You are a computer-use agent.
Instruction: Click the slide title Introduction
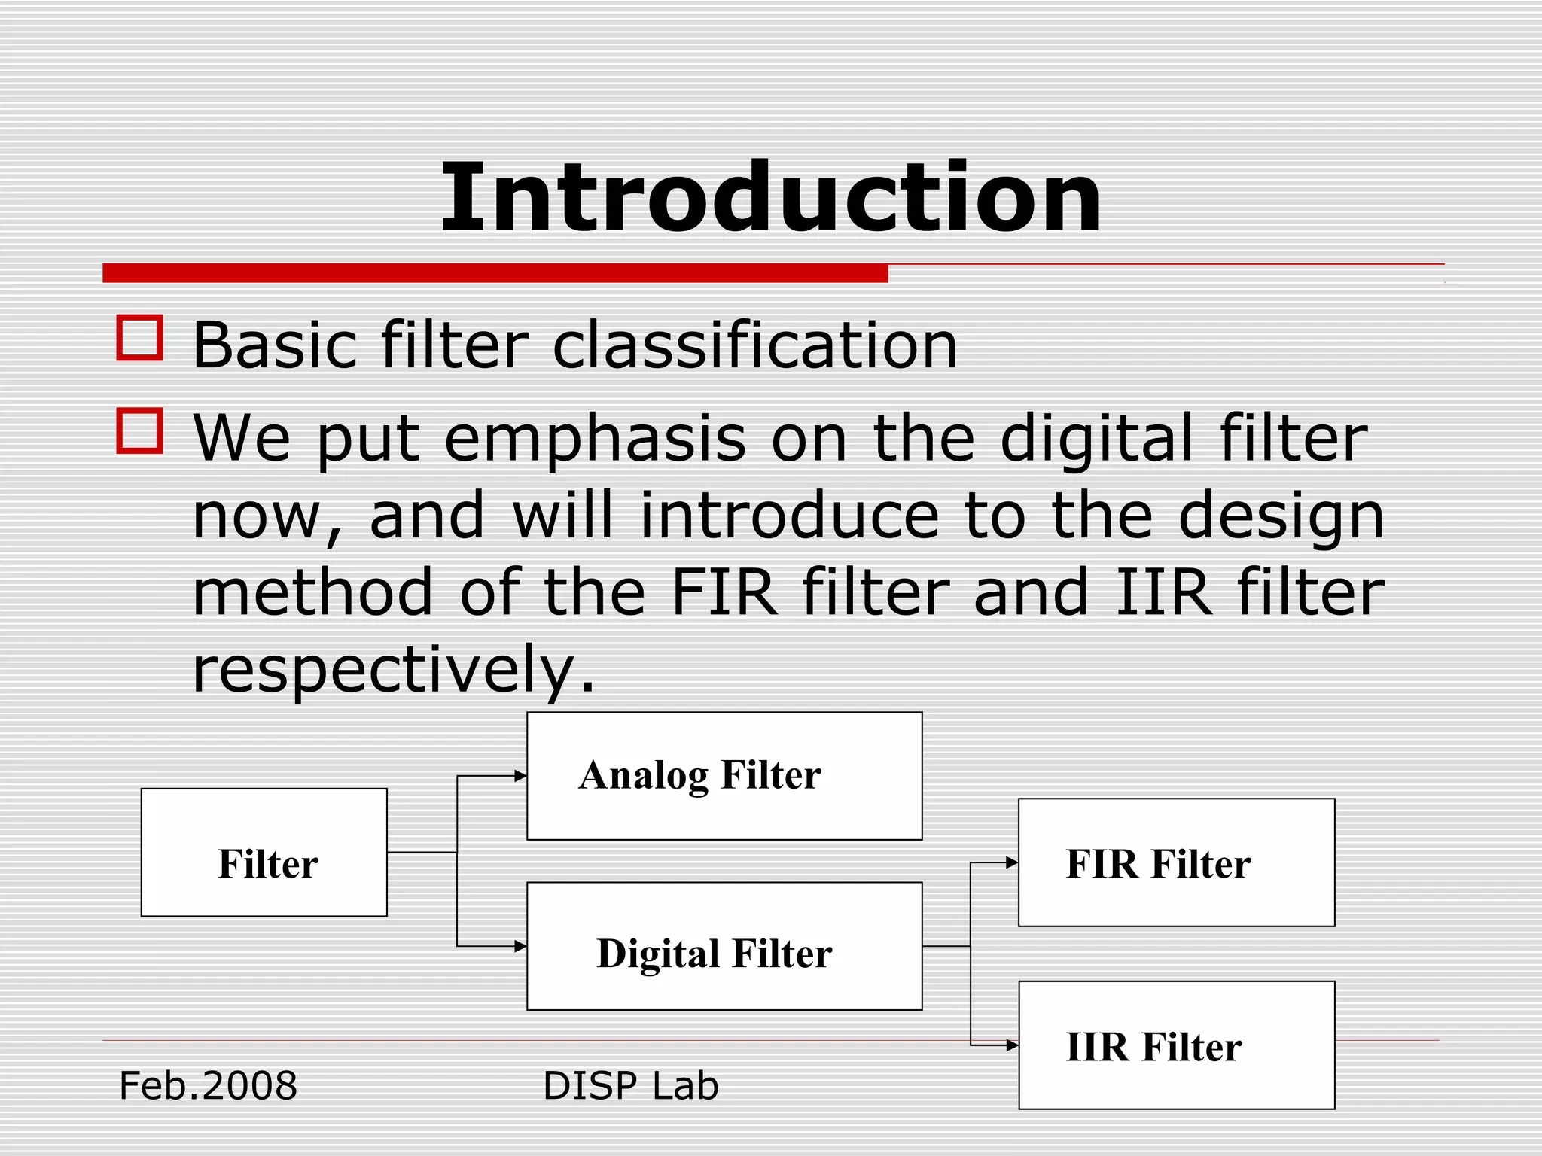[770, 197]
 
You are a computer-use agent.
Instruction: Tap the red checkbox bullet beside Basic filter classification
[140, 338]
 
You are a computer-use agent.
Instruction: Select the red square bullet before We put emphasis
[140, 430]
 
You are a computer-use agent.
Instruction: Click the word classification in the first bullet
[755, 345]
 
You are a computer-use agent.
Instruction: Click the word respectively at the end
[393, 670]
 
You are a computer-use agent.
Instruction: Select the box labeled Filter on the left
[264, 853]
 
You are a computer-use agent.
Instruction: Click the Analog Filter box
[724, 776]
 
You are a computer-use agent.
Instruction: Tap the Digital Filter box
[724, 947]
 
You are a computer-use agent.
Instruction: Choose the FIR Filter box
[1176, 862]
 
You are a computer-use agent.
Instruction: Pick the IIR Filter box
[1176, 1045]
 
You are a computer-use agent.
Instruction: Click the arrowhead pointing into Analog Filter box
[520, 776]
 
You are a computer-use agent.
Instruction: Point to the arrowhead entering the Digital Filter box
[520, 947]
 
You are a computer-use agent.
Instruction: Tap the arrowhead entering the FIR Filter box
[1012, 863]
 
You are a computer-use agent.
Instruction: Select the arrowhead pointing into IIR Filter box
[1012, 1045]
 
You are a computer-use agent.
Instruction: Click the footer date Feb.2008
[209, 1086]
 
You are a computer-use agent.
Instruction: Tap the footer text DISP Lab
[631, 1086]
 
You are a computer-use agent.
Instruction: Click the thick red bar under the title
[495, 273]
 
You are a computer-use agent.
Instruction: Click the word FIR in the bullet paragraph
[724, 593]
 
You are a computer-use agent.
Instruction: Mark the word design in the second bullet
[1281, 518]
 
